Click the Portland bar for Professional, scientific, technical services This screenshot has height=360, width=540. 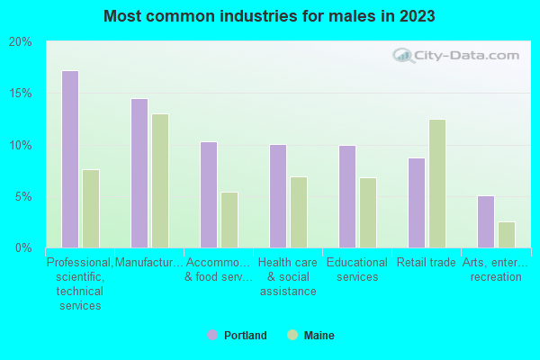point(69,159)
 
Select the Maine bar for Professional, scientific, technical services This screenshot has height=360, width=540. point(90,209)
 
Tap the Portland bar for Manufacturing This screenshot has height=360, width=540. point(139,173)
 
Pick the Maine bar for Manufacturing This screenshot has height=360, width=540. point(159,181)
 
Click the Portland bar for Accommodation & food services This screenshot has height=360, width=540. point(208,194)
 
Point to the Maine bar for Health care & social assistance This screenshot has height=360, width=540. point(298,212)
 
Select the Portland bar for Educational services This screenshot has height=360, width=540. point(346,196)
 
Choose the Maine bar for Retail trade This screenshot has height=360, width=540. point(437,184)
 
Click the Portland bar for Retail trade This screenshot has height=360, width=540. point(416,202)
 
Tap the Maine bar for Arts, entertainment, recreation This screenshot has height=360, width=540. point(507,235)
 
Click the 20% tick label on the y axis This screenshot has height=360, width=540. point(20,42)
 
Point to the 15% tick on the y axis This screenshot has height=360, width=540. point(20,94)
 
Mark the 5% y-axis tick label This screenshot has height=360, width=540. point(23,196)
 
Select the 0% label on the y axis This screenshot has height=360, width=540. point(23,247)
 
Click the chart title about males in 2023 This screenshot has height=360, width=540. point(270,16)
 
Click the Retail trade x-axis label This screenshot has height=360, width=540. point(427,263)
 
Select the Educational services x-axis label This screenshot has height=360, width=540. point(357,270)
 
